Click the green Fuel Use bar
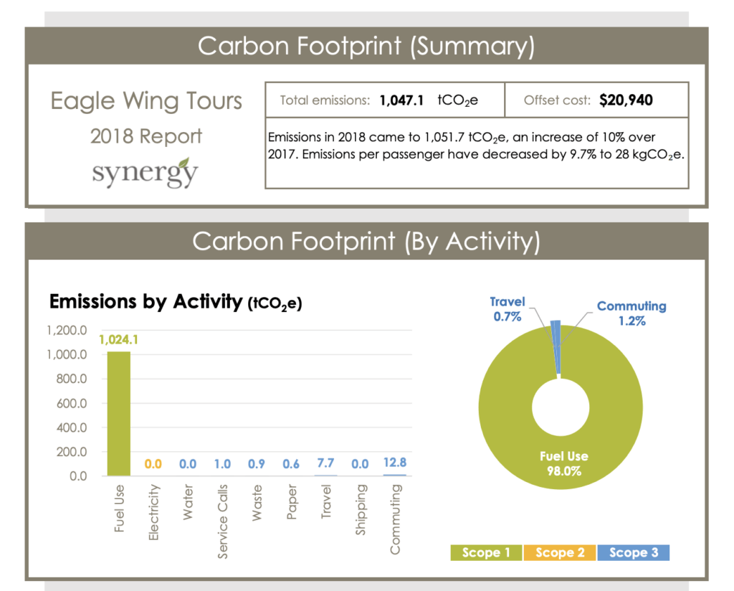click(119, 413)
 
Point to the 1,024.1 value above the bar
click(118, 341)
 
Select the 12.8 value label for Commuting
click(394, 463)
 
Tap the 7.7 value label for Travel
click(325, 463)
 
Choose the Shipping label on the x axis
click(360, 509)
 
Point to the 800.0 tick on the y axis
click(67, 379)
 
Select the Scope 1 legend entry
click(486, 552)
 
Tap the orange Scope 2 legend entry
click(560, 552)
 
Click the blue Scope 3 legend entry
click(633, 552)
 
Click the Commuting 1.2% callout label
click(631, 313)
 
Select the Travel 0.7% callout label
click(507, 309)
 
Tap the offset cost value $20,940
click(626, 100)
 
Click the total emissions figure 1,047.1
click(404, 100)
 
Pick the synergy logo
click(146, 173)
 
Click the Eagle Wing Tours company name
click(146, 101)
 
